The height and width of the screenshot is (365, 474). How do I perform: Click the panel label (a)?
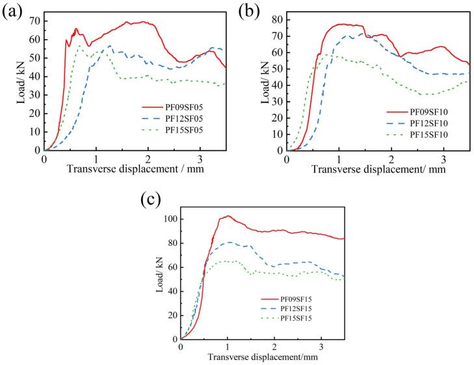pyautogui.click(x=14, y=12)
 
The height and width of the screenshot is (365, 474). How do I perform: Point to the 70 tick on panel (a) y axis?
pyautogui.click(x=35, y=21)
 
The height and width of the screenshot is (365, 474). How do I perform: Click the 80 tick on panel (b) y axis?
pyautogui.click(x=278, y=20)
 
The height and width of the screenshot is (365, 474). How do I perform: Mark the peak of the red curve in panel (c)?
pyautogui.click(x=228, y=215)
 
